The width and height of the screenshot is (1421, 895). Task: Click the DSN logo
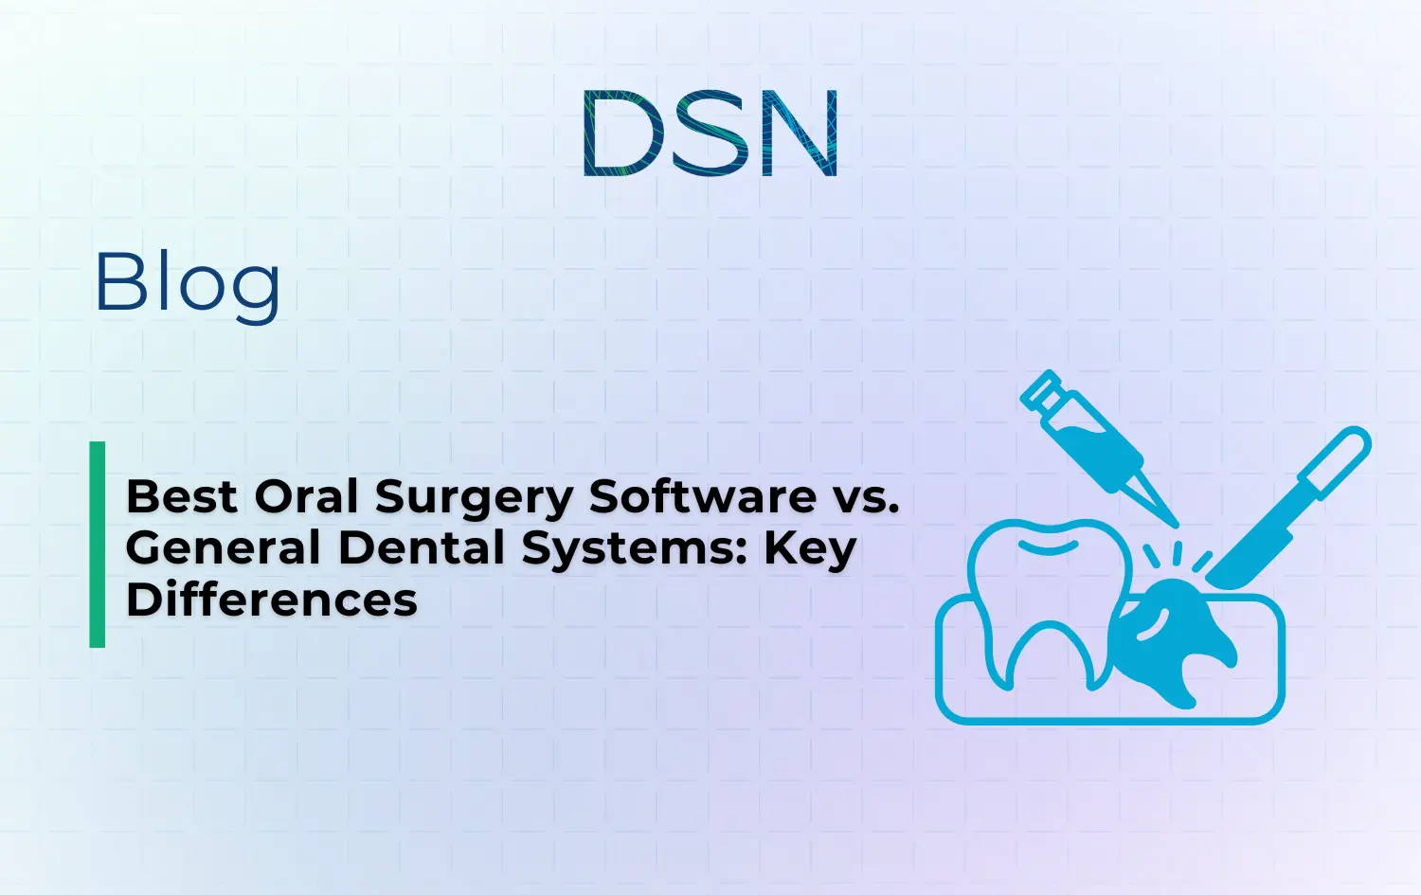point(710,134)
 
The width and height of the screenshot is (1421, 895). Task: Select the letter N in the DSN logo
point(799,134)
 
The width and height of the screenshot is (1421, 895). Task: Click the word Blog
point(188,283)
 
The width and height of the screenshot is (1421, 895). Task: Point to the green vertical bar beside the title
point(97,545)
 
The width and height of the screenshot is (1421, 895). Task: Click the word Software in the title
point(702,496)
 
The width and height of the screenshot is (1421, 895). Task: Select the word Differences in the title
point(272,600)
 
